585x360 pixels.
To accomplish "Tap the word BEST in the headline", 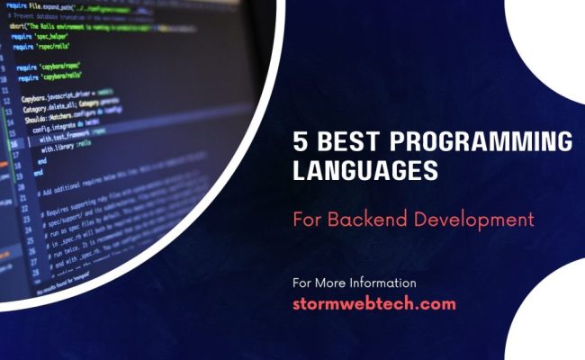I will [343, 141].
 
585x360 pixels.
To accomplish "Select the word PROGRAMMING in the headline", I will [477, 141].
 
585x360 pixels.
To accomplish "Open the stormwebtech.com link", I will [374, 303].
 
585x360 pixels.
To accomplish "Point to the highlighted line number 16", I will [13, 143].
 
